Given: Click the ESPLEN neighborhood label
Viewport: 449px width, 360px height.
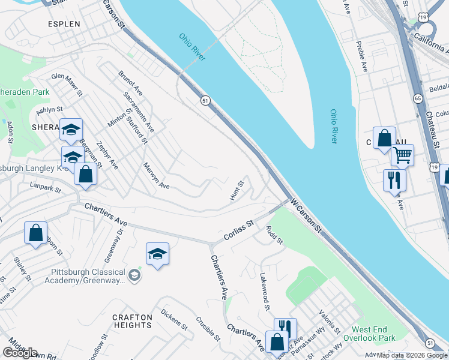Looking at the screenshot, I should (x=64, y=24).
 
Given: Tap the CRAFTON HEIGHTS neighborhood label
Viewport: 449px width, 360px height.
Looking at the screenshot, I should (x=132, y=320).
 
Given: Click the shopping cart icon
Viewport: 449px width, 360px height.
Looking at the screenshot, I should (x=402, y=155).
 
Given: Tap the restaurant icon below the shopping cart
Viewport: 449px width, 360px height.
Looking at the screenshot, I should (x=394, y=179).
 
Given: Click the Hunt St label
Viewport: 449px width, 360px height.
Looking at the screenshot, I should (x=237, y=190).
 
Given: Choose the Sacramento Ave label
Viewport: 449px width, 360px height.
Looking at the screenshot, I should (x=138, y=112).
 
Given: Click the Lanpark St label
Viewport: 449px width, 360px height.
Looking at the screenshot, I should (x=45, y=188).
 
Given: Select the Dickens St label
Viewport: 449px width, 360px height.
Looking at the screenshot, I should (x=174, y=318).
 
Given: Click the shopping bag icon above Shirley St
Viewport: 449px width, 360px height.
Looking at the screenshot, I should (x=35, y=233).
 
